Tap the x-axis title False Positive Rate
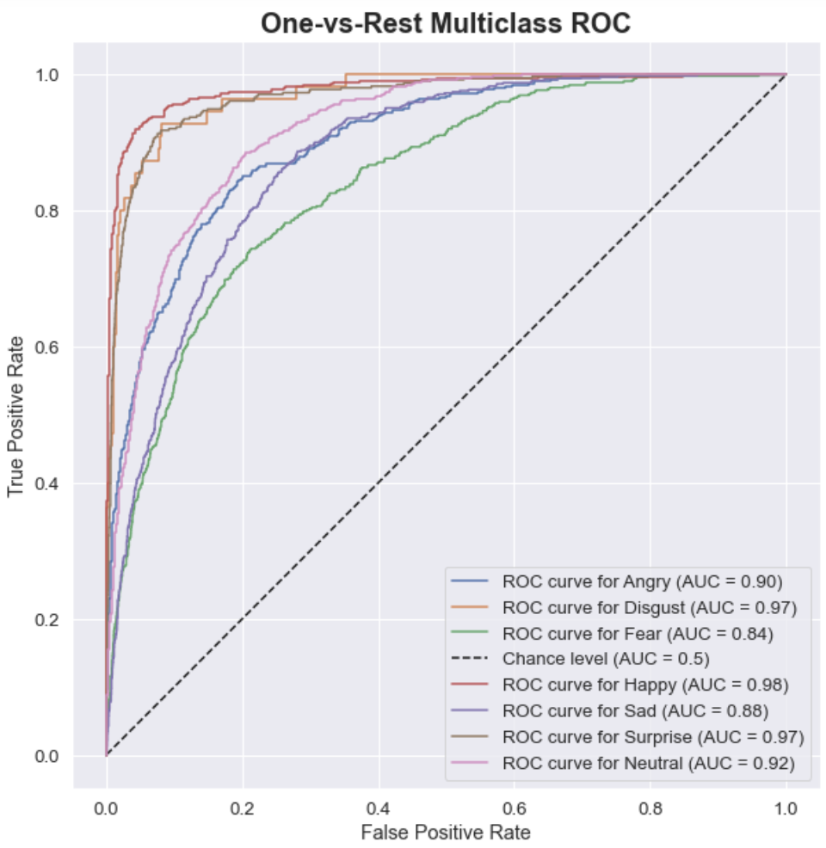446,832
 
